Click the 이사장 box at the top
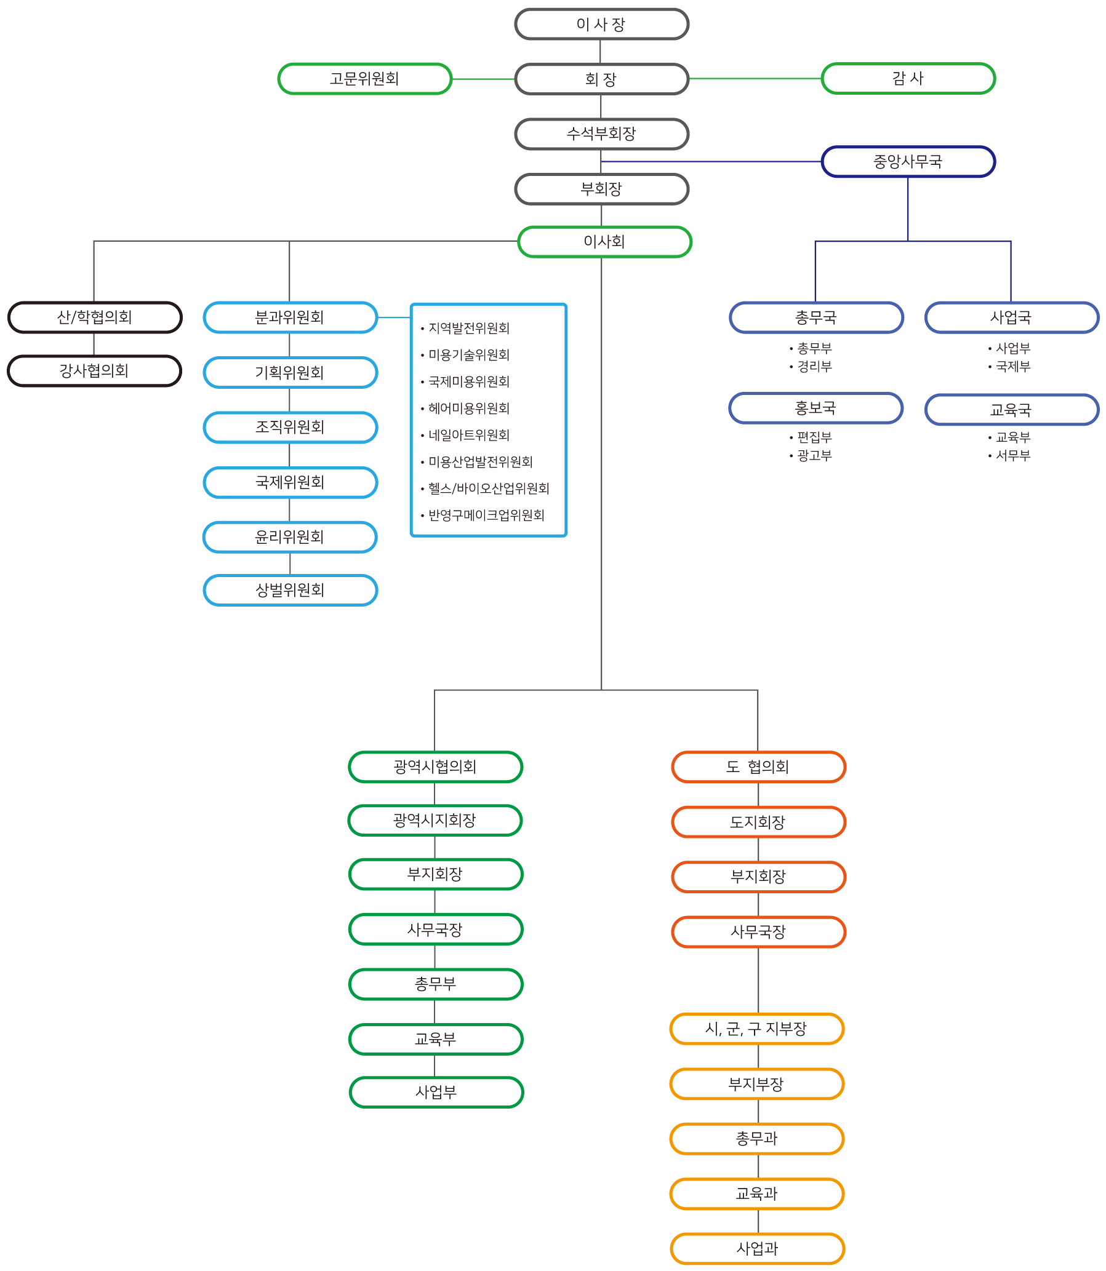(x=601, y=25)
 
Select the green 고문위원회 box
(x=364, y=79)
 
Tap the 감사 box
(x=908, y=79)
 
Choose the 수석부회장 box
(x=601, y=134)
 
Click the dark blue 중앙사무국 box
(x=908, y=162)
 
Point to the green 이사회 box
(x=604, y=242)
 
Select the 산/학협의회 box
(x=94, y=317)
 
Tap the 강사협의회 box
(x=94, y=371)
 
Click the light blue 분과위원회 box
(x=289, y=317)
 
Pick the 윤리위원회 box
(x=289, y=537)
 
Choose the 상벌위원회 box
(x=289, y=591)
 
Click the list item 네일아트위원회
(x=469, y=435)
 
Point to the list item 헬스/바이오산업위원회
(x=488, y=488)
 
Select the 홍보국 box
(x=815, y=408)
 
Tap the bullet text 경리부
(x=814, y=367)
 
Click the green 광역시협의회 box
(x=435, y=767)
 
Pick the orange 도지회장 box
(x=758, y=822)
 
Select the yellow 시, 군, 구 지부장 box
(x=756, y=1029)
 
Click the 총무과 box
(x=756, y=1138)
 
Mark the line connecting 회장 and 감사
(x=755, y=78)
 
